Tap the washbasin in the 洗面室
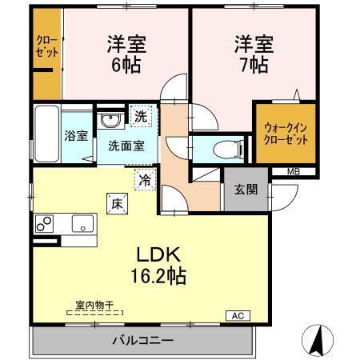[111, 120]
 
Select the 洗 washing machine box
[141, 117]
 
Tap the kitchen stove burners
[45, 225]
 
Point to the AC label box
[238, 315]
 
